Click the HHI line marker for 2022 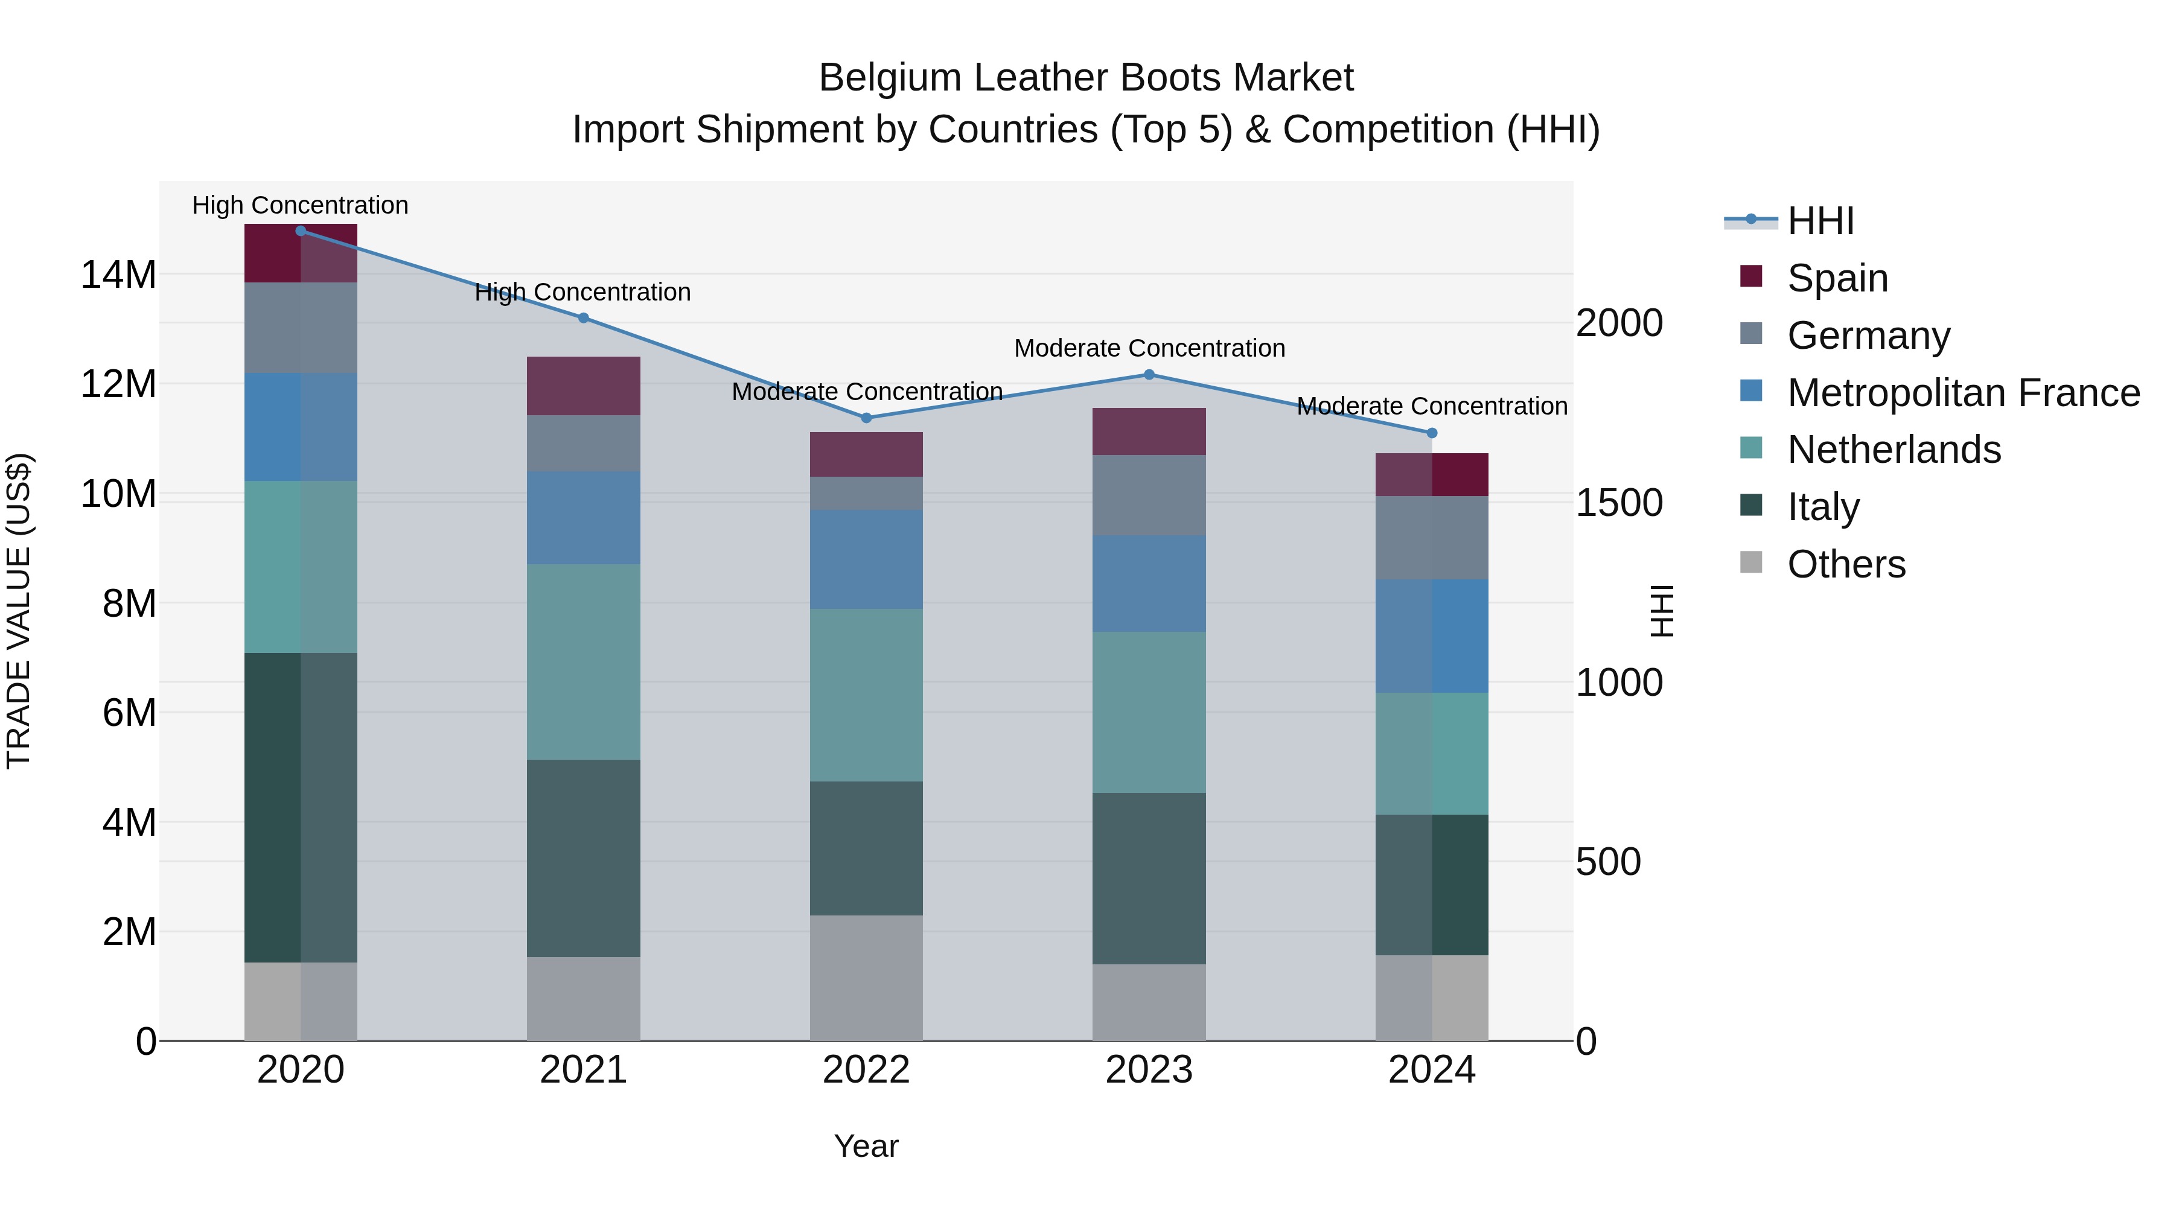coord(866,418)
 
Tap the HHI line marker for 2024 coord(1432,433)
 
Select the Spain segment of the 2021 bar coord(583,386)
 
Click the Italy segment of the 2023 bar coord(1148,878)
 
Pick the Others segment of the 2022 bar coord(866,978)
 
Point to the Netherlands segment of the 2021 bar coord(583,661)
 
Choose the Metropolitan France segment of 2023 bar coord(1148,583)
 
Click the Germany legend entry coord(1868,335)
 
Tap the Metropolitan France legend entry coord(1962,392)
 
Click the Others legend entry coord(1846,564)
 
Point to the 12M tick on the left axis coord(118,384)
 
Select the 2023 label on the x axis coord(1148,1070)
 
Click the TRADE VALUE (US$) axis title coord(19,611)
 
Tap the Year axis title coord(866,1146)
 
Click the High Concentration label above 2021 coord(583,292)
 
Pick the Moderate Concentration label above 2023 coord(1149,348)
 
